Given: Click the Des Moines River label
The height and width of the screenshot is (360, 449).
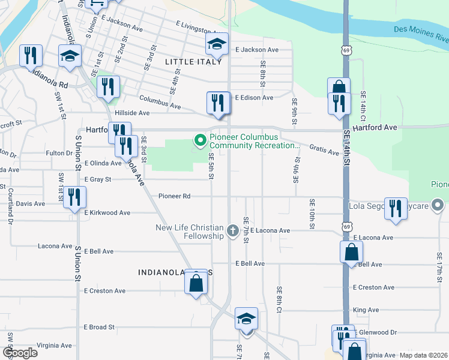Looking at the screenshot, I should pyautogui.click(x=421, y=32).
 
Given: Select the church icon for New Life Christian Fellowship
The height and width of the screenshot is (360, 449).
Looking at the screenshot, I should pyautogui.click(x=233, y=230).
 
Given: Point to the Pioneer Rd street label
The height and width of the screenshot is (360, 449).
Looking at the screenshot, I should pyautogui.click(x=175, y=196).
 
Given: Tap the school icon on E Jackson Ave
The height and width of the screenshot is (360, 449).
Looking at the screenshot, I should pyautogui.click(x=217, y=44).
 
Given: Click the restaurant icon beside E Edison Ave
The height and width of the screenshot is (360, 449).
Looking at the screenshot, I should pyautogui.click(x=217, y=102).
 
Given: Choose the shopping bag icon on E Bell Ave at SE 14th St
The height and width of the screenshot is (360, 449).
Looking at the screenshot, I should pyautogui.click(x=351, y=253).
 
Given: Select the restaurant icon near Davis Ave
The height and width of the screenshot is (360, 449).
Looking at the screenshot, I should pyautogui.click(x=74, y=198).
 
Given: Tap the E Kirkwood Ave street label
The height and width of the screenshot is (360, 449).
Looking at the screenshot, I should pyautogui.click(x=107, y=212).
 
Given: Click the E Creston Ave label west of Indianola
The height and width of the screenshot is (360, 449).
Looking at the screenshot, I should pyautogui.click(x=104, y=291).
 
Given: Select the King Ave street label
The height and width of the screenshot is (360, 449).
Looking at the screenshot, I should pyautogui.click(x=366, y=310).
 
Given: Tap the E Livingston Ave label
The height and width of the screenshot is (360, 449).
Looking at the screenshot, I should pyautogui.click(x=200, y=26).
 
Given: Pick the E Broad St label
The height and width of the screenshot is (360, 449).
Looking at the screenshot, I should pyautogui.click(x=99, y=327).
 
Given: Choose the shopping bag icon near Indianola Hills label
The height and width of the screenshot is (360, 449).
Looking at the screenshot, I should pyautogui.click(x=196, y=282).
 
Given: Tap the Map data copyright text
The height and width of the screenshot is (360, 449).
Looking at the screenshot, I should pyautogui.click(x=423, y=355).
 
